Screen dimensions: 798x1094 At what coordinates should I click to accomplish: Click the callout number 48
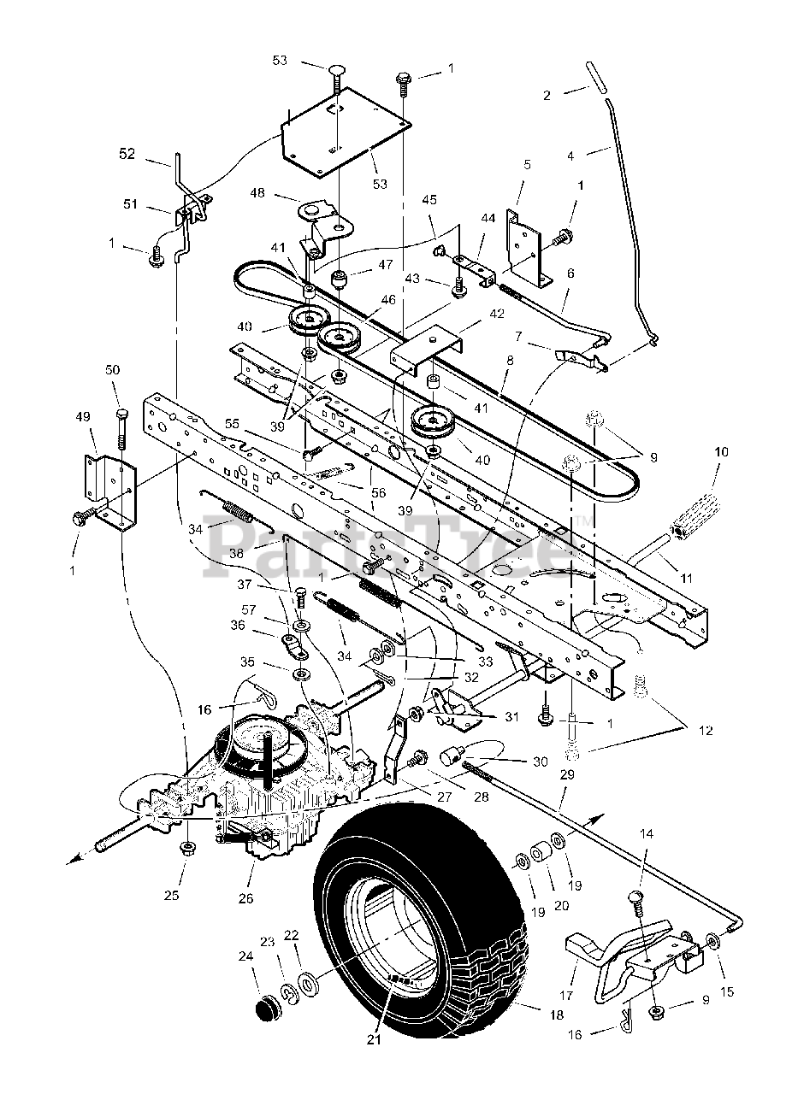click(x=257, y=193)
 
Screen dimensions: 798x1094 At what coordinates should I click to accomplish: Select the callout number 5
click(x=527, y=164)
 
